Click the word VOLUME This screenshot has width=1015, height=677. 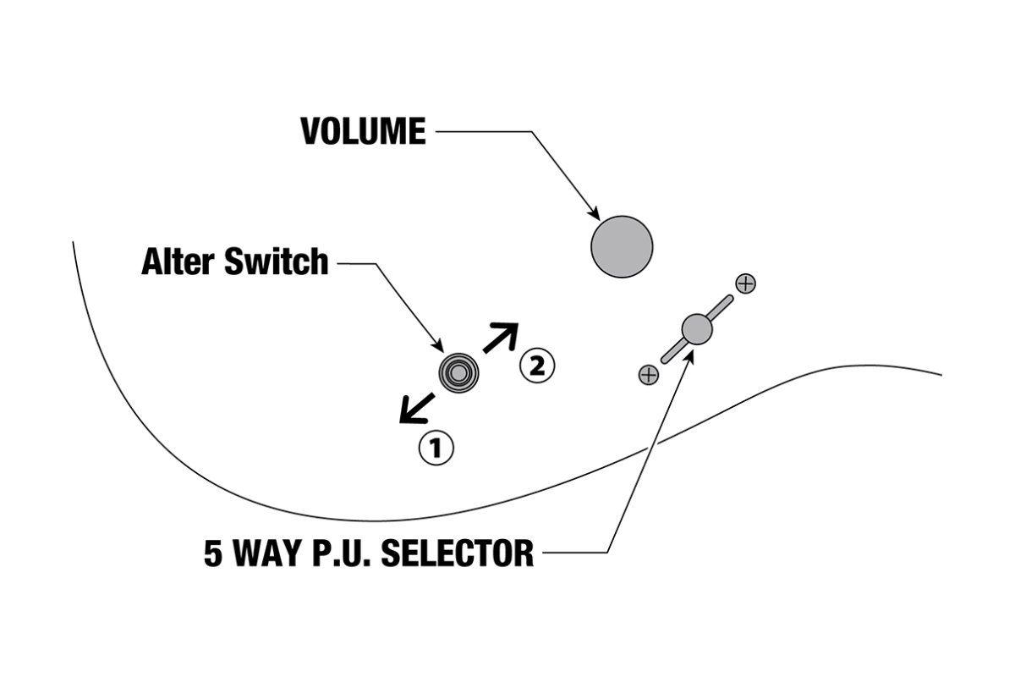[364, 132]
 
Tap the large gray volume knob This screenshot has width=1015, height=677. [622, 246]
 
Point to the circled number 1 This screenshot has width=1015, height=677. [436, 448]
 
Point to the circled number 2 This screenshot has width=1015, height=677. [537, 366]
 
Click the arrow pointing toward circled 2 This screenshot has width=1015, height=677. [500, 337]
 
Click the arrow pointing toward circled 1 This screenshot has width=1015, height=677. [415, 409]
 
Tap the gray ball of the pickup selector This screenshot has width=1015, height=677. [697, 328]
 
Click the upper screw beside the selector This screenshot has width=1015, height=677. [745, 283]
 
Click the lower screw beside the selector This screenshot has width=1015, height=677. [649, 374]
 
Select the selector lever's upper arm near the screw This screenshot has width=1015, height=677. [721, 306]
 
